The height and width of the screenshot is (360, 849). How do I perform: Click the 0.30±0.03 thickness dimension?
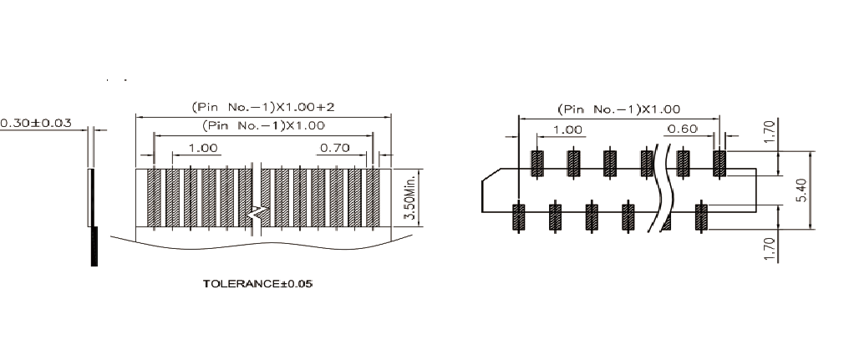click(36, 123)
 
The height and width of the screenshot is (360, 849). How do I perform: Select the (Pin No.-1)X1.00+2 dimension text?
click(263, 107)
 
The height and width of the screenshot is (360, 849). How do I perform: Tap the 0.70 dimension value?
click(334, 147)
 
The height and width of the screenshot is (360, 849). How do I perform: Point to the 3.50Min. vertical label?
click(410, 197)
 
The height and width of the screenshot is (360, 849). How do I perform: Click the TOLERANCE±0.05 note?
click(257, 284)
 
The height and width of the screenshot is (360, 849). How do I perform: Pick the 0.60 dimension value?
click(682, 129)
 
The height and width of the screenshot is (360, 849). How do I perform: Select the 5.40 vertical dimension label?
click(802, 190)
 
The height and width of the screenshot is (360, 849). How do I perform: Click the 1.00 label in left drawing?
click(203, 147)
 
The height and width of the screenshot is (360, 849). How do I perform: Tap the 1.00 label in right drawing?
click(567, 130)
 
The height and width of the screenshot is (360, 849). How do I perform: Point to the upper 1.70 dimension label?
click(771, 131)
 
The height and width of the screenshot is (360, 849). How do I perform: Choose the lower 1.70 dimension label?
click(771, 248)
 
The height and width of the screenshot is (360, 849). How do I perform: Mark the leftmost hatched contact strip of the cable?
click(154, 198)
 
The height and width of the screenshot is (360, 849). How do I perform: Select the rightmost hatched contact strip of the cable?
click(373, 198)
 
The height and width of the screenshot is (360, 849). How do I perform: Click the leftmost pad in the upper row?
click(537, 164)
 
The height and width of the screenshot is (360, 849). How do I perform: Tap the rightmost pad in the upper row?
click(719, 164)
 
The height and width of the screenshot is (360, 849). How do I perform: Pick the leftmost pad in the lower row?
click(519, 216)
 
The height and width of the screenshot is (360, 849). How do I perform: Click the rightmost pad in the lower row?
click(701, 216)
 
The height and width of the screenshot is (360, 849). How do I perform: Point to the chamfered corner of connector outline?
click(491, 175)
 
